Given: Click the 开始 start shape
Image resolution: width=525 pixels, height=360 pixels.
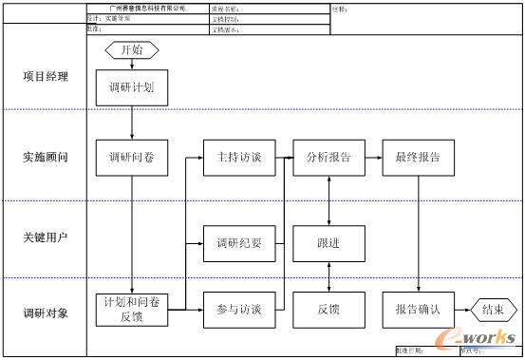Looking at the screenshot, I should pyautogui.click(x=131, y=49).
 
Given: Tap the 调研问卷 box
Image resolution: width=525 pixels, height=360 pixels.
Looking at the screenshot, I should pyautogui.click(x=131, y=158).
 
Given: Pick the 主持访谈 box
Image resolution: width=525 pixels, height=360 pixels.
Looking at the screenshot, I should pyautogui.click(x=239, y=158).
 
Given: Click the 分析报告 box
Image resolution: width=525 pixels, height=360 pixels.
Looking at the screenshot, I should pyautogui.click(x=328, y=158).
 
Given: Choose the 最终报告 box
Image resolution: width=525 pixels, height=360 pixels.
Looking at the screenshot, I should pyautogui.click(x=418, y=158).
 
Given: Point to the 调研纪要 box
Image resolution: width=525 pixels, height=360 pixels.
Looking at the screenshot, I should pyautogui.click(x=239, y=242).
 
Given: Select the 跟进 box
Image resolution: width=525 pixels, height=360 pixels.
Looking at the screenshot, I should pyautogui.click(x=328, y=242).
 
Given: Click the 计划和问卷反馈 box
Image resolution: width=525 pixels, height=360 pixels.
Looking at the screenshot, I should pyautogui.click(x=131, y=310).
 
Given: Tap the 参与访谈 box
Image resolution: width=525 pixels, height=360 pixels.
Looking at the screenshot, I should pyautogui.click(x=239, y=310).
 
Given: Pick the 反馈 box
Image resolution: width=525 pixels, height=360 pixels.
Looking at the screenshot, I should pyautogui.click(x=328, y=310).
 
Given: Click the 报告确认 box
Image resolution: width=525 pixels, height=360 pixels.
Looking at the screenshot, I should pyautogui.click(x=418, y=310).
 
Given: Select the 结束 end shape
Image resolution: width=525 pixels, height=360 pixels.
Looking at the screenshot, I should pyautogui.click(x=493, y=310).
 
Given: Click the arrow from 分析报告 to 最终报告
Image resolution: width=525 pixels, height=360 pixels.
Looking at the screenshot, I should pyautogui.click(x=373, y=158).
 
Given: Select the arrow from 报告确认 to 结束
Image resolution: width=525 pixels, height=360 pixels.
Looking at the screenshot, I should pyautogui.click(x=462, y=310).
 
